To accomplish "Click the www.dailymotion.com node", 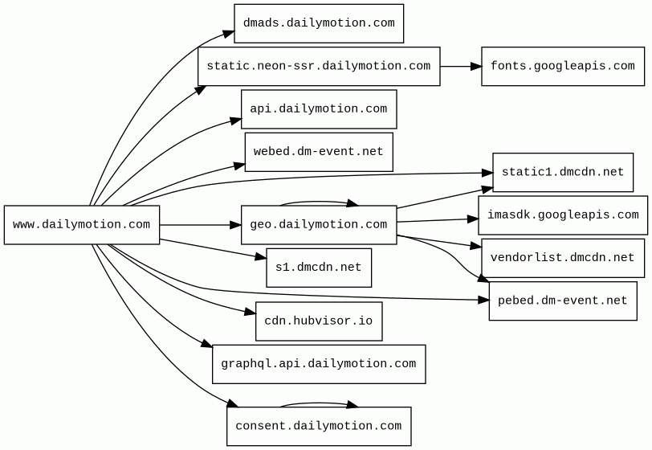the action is pyautogui.click(x=82, y=225).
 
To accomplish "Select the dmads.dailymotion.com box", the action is pyautogui.click(x=319, y=23).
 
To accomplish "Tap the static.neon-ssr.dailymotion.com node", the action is pyautogui.click(x=319, y=66).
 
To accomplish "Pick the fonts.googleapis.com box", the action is pyautogui.click(x=563, y=66).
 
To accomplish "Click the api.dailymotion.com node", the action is pyautogui.click(x=319, y=109).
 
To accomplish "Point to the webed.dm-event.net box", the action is pyautogui.click(x=319, y=152).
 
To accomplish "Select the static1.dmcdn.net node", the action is pyautogui.click(x=563, y=172).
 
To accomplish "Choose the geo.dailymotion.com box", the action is pyautogui.click(x=319, y=225).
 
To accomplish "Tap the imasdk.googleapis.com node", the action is pyautogui.click(x=563, y=215).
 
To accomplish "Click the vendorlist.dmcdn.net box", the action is pyautogui.click(x=563, y=258).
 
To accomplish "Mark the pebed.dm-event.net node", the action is pyautogui.click(x=563, y=301).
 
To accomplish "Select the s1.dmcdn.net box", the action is pyautogui.click(x=319, y=268).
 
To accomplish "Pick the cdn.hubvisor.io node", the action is pyautogui.click(x=319, y=321).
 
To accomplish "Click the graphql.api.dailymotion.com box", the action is pyautogui.click(x=319, y=364).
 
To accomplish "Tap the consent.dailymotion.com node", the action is pyautogui.click(x=319, y=426).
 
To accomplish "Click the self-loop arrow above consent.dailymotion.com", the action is pyautogui.click(x=319, y=403).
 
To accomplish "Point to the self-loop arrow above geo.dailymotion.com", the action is pyautogui.click(x=319, y=202).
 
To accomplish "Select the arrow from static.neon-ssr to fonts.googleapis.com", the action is pyautogui.click(x=461, y=66).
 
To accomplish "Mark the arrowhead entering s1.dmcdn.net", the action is pyautogui.click(x=261, y=257).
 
